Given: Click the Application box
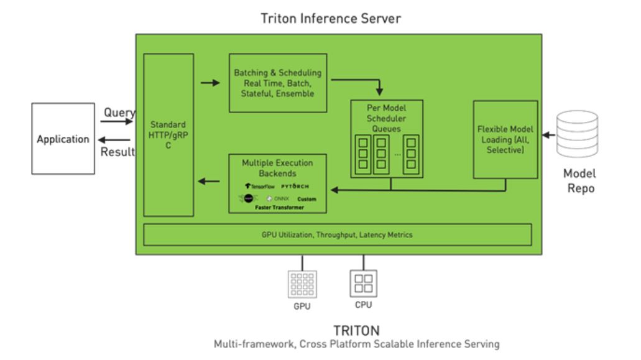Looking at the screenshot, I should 63,139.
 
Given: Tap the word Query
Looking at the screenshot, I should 119,113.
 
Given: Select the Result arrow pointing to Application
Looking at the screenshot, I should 116,141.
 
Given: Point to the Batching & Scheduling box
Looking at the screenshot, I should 277,83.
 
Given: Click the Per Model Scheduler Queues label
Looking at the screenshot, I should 386,118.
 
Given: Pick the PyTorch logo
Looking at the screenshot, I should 295,186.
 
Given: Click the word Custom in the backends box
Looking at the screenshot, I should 307,199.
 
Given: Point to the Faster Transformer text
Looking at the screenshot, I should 278,207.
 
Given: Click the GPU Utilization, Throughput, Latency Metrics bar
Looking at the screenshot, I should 337,235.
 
